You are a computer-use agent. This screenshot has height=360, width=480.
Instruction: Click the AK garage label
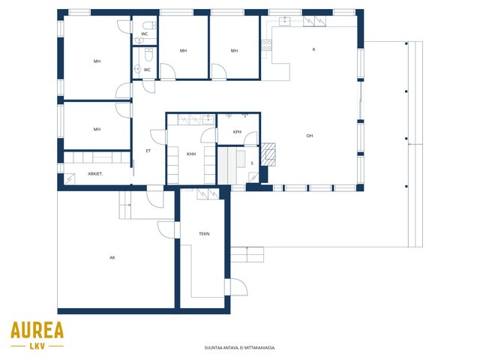112,258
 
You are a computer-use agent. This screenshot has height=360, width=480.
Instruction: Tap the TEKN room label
204,234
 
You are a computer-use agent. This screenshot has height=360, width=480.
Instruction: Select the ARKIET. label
95,174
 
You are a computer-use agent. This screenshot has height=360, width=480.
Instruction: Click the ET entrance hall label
148,151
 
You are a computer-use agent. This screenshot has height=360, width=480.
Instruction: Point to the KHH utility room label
191,154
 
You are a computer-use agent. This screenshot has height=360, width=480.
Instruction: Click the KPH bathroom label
237,132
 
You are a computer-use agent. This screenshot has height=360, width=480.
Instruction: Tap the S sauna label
252,163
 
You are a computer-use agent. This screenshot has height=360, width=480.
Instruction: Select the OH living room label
310,136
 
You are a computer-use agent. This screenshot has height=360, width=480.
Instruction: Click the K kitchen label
313,49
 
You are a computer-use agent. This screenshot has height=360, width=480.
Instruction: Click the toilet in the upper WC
149,25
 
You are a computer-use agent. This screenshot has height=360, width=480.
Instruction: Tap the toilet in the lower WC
148,55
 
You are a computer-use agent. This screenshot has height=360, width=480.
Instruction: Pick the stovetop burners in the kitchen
266,45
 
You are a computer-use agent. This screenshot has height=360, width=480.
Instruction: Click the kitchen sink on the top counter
285,21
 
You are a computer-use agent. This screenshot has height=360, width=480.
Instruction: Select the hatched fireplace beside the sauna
268,154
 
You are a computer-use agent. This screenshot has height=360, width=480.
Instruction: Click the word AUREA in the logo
37,330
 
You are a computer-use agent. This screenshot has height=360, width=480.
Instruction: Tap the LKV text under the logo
37,346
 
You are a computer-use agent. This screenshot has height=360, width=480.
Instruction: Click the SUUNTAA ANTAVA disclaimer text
240,348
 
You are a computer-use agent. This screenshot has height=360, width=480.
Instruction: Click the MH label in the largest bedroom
97,61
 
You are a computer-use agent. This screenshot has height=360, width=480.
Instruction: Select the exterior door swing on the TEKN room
238,286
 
